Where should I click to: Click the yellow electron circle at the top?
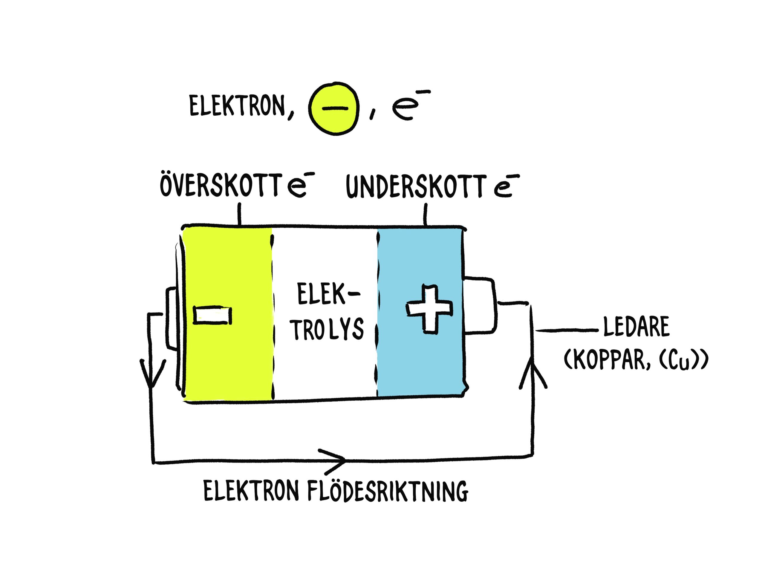(x=333, y=108)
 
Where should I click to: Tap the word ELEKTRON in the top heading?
(x=237, y=105)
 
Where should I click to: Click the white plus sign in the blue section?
(x=429, y=308)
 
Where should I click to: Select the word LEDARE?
(x=636, y=327)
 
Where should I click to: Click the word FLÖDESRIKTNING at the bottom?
(x=388, y=491)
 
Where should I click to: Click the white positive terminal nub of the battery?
(x=480, y=305)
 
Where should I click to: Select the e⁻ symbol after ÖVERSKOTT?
(x=297, y=187)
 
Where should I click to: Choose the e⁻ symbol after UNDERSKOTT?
(x=505, y=187)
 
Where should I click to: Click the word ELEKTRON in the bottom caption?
(x=250, y=491)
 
